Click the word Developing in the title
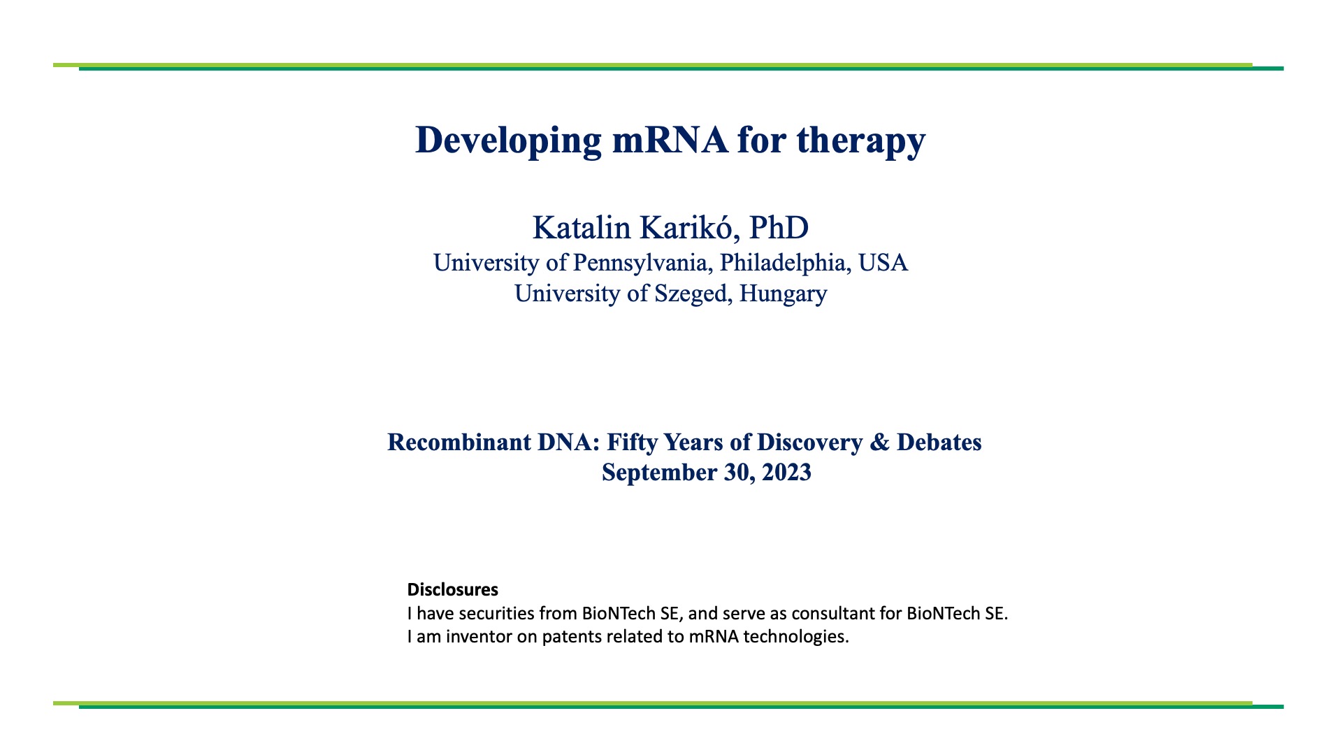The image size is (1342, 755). point(508,140)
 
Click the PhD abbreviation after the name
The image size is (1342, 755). point(779,228)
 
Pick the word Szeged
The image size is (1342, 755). point(693,294)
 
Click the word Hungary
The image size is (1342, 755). point(783,294)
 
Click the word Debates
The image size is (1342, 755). point(939,443)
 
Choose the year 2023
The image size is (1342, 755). point(786,473)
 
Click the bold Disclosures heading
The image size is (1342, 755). point(453,589)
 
